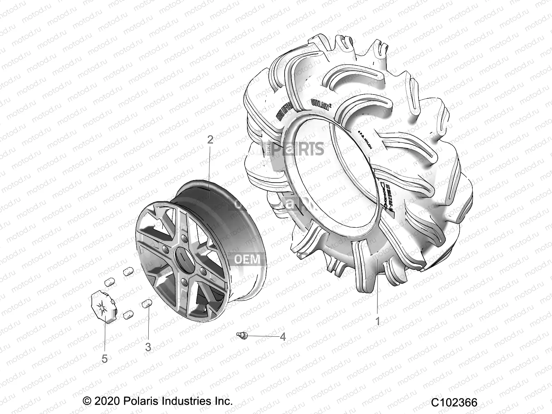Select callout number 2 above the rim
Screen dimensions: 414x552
(210, 140)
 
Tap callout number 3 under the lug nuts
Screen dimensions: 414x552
(148, 347)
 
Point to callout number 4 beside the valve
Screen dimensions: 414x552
(283, 336)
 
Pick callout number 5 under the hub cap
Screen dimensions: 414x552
(105, 358)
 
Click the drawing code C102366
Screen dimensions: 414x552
(454, 403)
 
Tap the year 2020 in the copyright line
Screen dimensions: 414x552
(107, 401)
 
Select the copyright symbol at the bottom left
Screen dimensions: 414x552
(88, 401)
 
